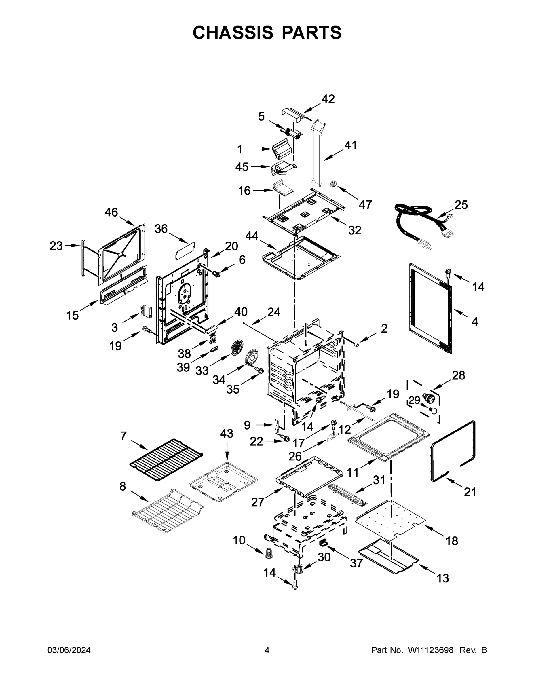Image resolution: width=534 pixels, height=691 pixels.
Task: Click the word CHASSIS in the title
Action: (x=233, y=33)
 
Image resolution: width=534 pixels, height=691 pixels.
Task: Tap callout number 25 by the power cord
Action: (x=461, y=205)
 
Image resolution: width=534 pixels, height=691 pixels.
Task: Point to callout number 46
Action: (x=111, y=212)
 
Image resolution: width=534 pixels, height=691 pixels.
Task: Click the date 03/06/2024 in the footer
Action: (x=69, y=650)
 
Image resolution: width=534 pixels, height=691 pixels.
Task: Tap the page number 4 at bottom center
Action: (x=267, y=650)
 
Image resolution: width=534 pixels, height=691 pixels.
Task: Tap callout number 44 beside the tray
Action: (x=252, y=236)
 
